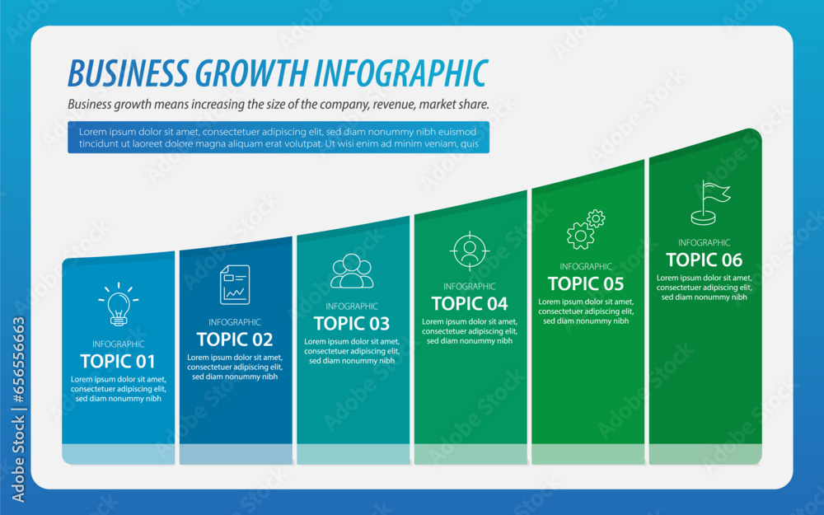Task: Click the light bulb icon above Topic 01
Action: pos(118,304)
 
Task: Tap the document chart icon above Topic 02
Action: pos(235,284)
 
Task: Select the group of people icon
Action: pos(352,271)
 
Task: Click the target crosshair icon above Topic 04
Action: pos(470,250)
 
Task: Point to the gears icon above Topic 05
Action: pos(586,230)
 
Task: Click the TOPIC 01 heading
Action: pos(118,361)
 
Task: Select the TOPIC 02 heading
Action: pos(235,339)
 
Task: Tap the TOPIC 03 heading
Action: pos(352,323)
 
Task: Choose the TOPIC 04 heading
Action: pos(470,303)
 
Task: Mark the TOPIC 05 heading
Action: pos(586,284)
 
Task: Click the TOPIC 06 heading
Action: pos(704,260)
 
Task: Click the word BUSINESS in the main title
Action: pos(127,73)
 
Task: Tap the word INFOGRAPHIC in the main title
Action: pos(401,73)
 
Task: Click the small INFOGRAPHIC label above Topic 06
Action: pos(704,243)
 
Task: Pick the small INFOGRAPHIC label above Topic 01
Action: pos(118,344)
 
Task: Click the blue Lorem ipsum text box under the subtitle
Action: pos(278,138)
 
